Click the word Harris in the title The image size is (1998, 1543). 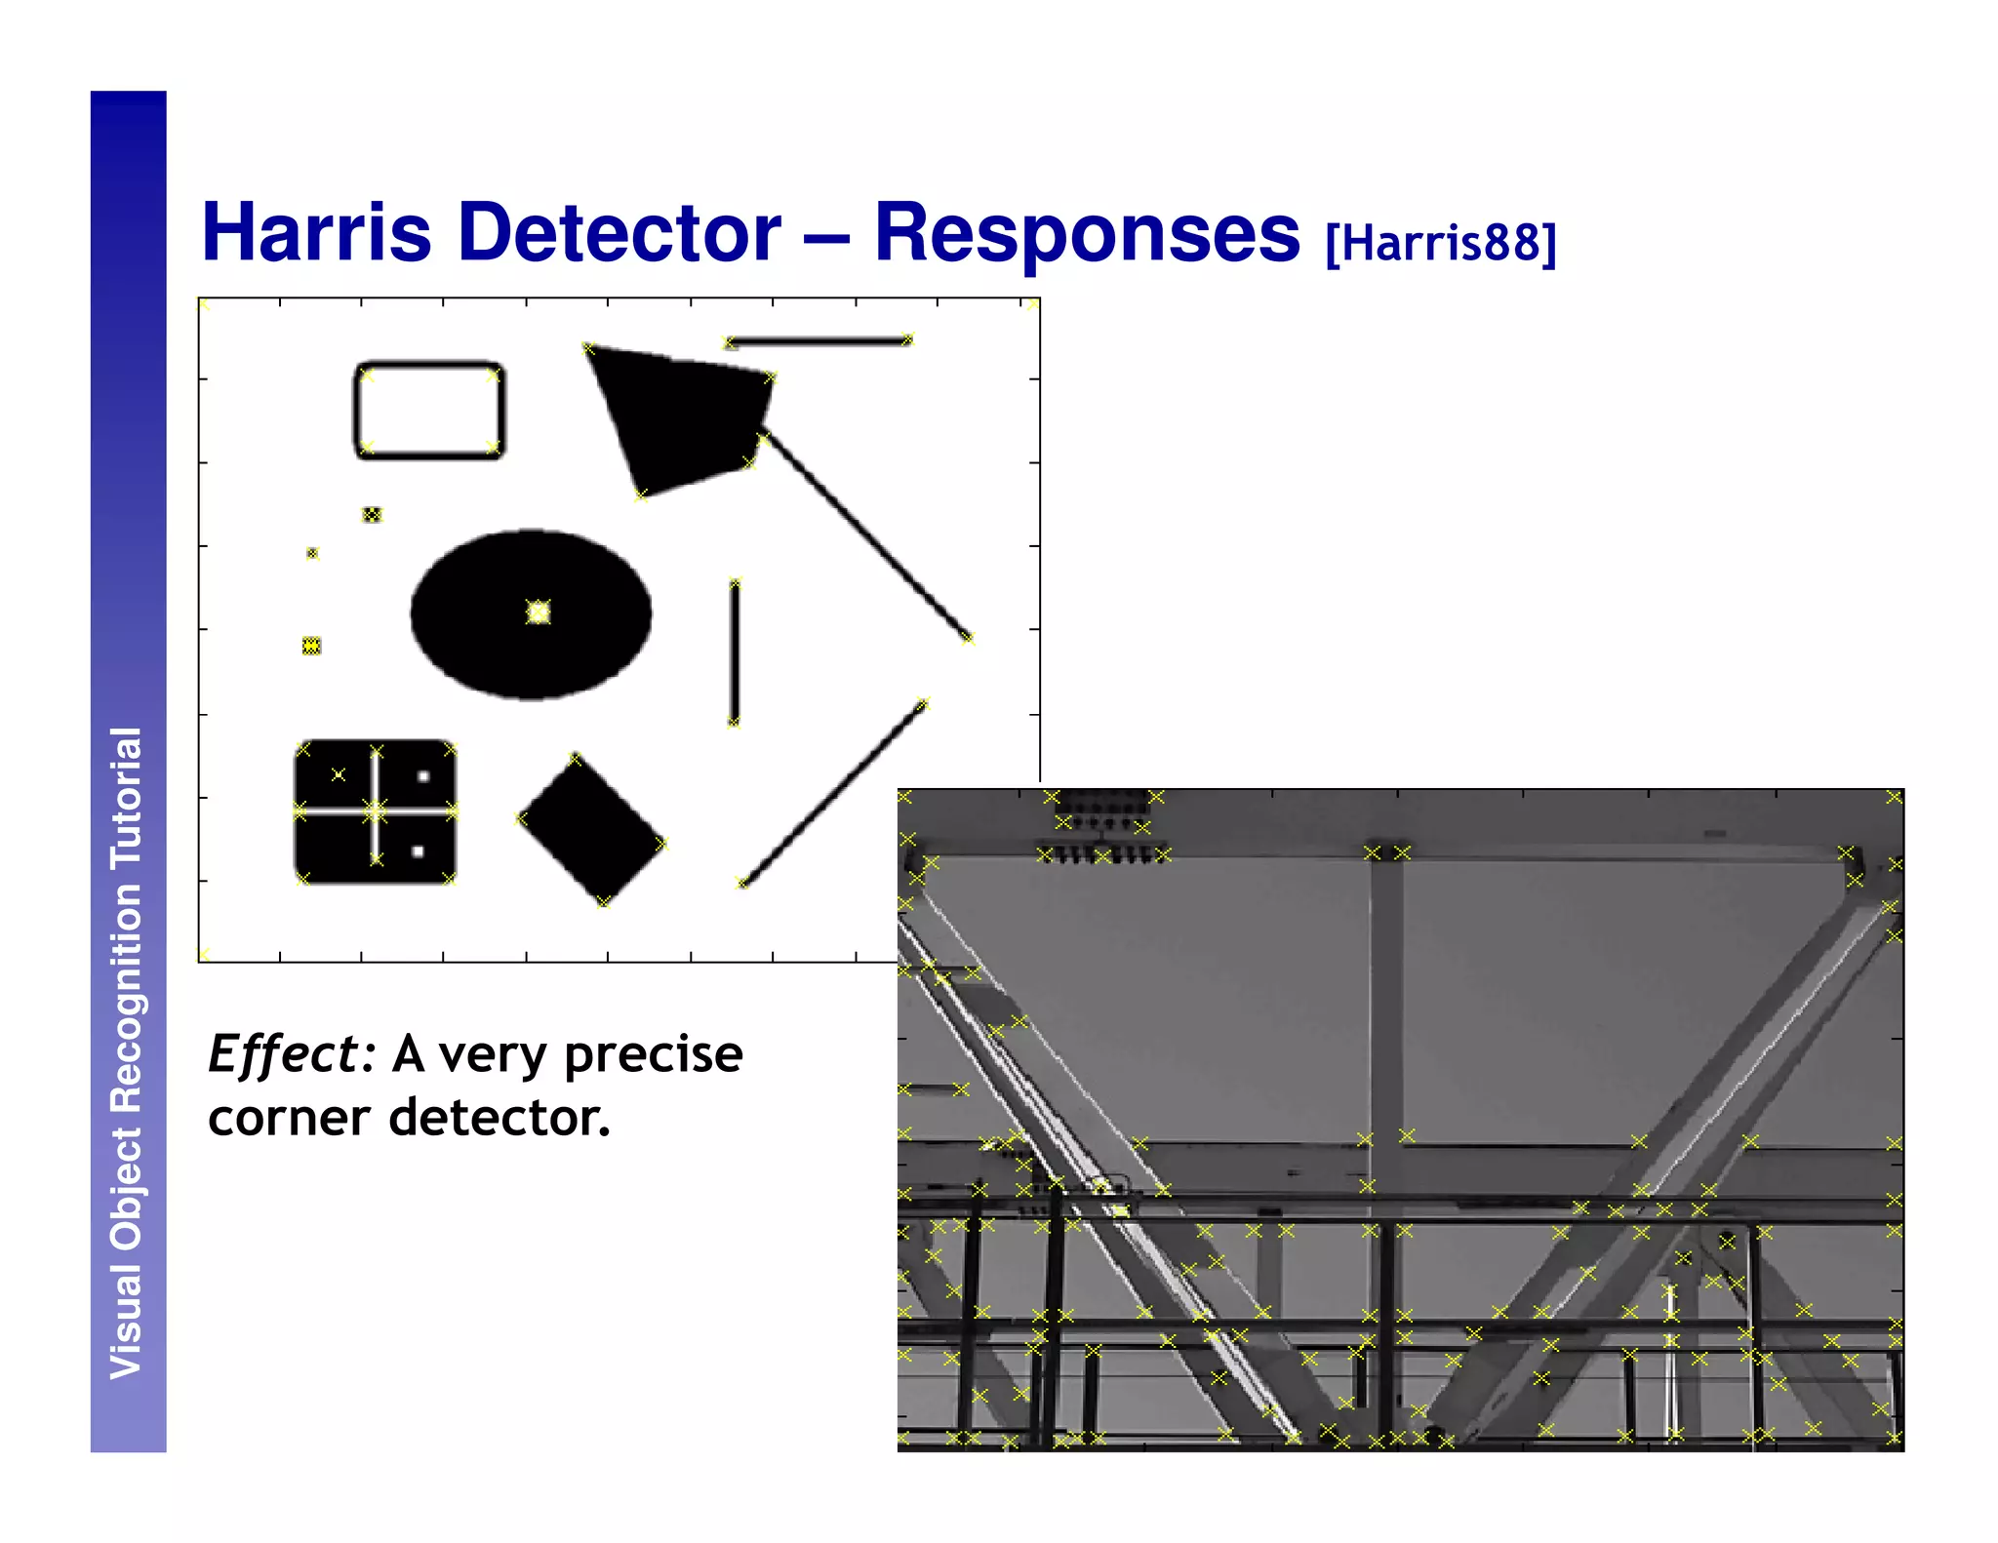316,232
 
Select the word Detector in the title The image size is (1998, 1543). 619,232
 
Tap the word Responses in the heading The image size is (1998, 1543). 1086,232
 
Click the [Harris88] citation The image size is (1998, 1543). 1440,243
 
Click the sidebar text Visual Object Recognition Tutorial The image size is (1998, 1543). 127,1052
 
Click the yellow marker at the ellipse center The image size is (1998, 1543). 538,612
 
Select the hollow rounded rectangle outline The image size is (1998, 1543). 429,366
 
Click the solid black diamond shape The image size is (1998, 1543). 591,830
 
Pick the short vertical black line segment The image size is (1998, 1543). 734,652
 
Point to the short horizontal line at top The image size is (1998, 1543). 818,341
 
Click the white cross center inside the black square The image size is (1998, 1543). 376,811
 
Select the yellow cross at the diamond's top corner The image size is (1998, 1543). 575,758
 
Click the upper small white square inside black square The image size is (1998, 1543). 423,776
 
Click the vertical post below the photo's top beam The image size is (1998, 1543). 1386,1005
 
